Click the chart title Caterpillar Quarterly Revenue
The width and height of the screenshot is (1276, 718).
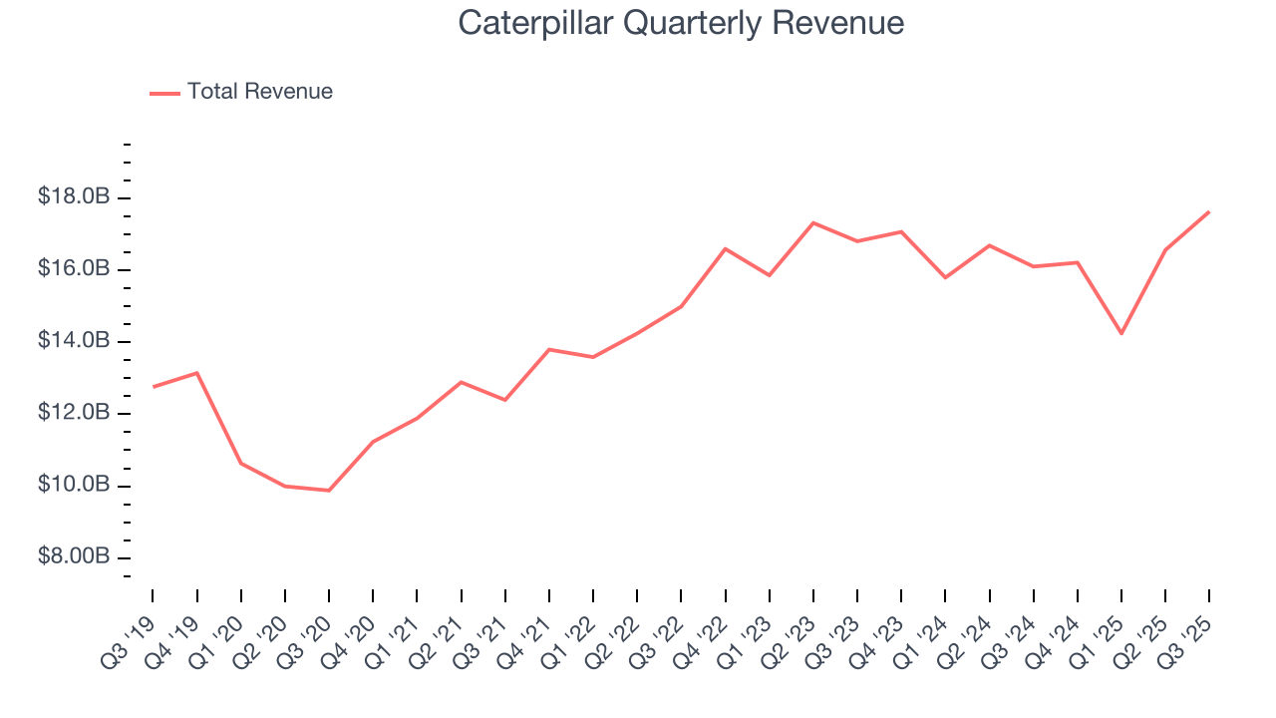[x=681, y=23]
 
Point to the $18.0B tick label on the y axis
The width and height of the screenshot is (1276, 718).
[x=74, y=197]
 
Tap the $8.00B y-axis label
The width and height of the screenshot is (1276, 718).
[x=74, y=556]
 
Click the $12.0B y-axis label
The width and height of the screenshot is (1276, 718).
[x=74, y=413]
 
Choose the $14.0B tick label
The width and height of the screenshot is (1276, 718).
[x=74, y=341]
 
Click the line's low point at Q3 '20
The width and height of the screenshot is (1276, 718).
[x=329, y=491]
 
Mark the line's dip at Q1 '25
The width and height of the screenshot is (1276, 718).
[x=1121, y=333]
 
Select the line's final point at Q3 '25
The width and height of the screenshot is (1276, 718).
[x=1209, y=211]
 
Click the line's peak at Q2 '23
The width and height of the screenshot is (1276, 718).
[x=813, y=222]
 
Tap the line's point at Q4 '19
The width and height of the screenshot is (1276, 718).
[x=197, y=373]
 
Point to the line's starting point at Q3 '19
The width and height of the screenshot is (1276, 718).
[x=153, y=387]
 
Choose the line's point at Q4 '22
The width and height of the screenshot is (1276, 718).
[x=725, y=248]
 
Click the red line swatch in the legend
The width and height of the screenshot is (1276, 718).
[x=164, y=93]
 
